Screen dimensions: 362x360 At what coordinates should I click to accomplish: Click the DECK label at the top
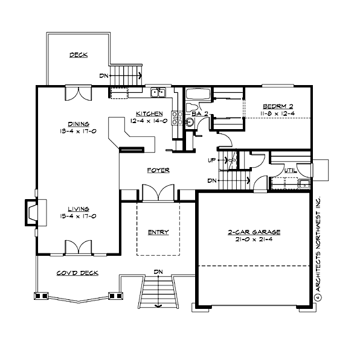(x=78, y=55)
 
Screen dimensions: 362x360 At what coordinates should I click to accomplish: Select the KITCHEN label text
(x=149, y=113)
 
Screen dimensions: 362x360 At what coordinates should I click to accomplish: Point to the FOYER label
(x=158, y=171)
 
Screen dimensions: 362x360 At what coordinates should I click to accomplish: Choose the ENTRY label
(x=158, y=232)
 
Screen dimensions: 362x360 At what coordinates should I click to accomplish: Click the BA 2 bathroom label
(x=199, y=113)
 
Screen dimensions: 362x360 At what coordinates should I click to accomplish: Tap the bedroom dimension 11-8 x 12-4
(x=278, y=113)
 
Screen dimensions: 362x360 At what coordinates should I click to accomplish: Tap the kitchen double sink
(x=158, y=93)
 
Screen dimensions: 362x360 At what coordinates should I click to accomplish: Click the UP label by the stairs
(x=212, y=160)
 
